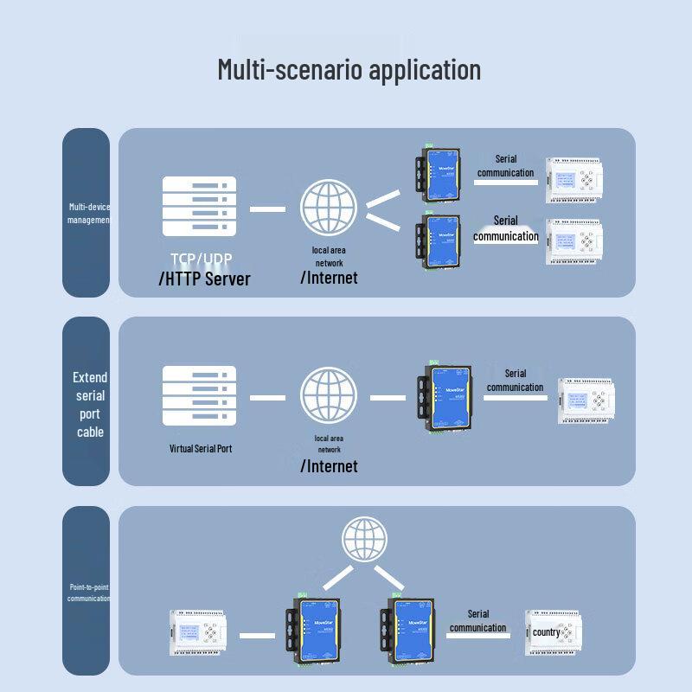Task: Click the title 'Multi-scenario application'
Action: pyautogui.click(x=349, y=69)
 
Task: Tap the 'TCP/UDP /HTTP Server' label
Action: pyautogui.click(x=205, y=269)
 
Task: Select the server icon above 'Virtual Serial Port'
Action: pyautogui.click(x=199, y=396)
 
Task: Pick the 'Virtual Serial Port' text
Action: pyautogui.click(x=201, y=449)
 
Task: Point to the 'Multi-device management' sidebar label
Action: pyautogui.click(x=87, y=214)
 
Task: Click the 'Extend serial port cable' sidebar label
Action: pyautogui.click(x=89, y=404)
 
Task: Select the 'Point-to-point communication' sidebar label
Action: pyautogui.click(x=87, y=593)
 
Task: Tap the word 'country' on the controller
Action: pyautogui.click(x=546, y=632)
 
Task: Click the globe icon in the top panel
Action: pyautogui.click(x=329, y=208)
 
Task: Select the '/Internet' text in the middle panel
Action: pyautogui.click(x=329, y=466)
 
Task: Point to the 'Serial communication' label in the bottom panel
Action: pyautogui.click(x=477, y=621)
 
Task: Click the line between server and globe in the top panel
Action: pyautogui.click(x=267, y=208)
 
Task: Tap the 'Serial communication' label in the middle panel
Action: pyautogui.click(x=515, y=381)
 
